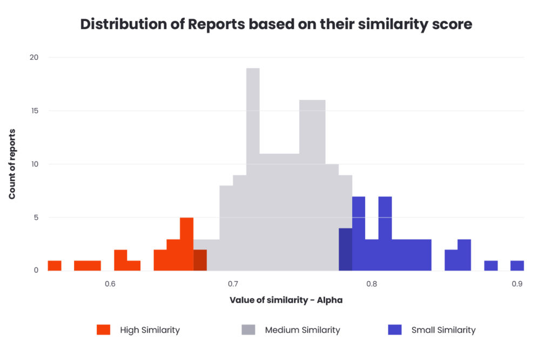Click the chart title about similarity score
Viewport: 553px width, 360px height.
[276, 24]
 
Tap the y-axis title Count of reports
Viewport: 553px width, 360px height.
[12, 164]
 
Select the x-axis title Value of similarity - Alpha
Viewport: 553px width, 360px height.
[286, 301]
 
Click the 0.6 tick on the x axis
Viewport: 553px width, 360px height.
[110, 284]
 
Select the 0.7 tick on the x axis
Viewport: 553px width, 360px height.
[233, 284]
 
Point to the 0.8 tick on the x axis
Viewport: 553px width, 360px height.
[371, 284]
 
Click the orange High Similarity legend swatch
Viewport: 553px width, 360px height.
[103, 330]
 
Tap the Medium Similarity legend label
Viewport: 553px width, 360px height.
[302, 330]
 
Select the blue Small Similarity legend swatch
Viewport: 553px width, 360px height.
[395, 330]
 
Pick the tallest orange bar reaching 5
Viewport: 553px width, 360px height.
[186, 243]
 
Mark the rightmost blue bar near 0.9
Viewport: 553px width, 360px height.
[517, 266]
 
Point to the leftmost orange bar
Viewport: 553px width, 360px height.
[55, 266]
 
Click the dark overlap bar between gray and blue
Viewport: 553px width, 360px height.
[345, 249]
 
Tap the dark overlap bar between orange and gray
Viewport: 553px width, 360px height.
[200, 260]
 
